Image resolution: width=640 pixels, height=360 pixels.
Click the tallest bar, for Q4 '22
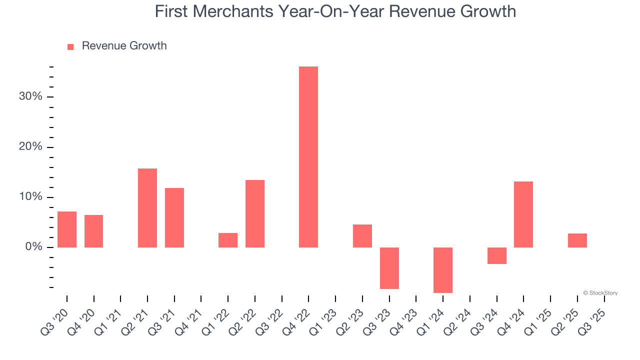(x=308, y=157)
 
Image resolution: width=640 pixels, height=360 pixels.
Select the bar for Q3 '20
(x=67, y=229)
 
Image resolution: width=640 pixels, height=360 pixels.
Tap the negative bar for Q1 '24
(x=443, y=270)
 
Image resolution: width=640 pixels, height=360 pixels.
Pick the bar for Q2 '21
(x=147, y=208)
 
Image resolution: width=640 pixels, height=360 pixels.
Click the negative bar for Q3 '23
(x=389, y=268)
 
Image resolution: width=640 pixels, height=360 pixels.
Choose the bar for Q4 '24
(x=523, y=214)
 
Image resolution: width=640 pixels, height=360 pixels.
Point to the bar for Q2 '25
(x=577, y=240)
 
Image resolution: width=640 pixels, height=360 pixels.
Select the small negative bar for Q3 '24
(x=496, y=255)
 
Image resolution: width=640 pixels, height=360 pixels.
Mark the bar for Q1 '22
(x=228, y=240)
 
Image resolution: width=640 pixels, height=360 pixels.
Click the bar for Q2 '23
(x=362, y=236)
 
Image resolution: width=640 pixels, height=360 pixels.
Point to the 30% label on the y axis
(x=30, y=96)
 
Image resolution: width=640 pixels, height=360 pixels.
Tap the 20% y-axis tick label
(x=30, y=147)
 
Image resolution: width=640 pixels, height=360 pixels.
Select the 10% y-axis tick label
(x=30, y=197)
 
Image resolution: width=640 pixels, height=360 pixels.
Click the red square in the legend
(x=70, y=46)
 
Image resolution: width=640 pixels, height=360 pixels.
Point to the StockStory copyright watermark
(x=600, y=293)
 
